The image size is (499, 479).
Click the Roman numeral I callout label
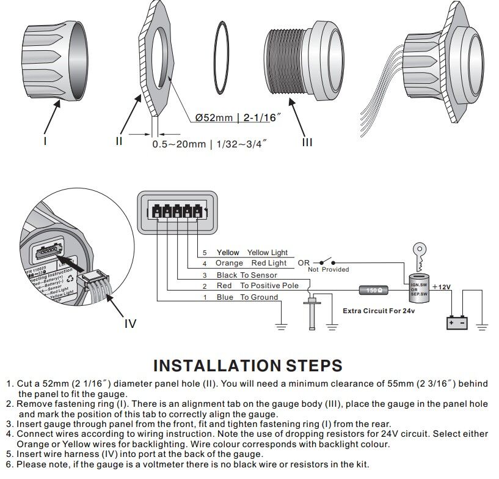coord(45,141)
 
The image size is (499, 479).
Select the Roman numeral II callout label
coord(119,141)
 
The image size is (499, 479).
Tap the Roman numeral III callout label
coord(307,142)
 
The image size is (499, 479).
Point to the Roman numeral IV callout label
coord(130,323)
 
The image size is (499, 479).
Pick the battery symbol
coord(457,322)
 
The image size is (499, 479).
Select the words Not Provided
coord(329,269)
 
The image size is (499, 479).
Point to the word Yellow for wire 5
coord(228,253)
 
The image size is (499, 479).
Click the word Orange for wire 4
coord(229,264)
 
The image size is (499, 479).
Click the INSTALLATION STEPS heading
coord(247,366)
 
